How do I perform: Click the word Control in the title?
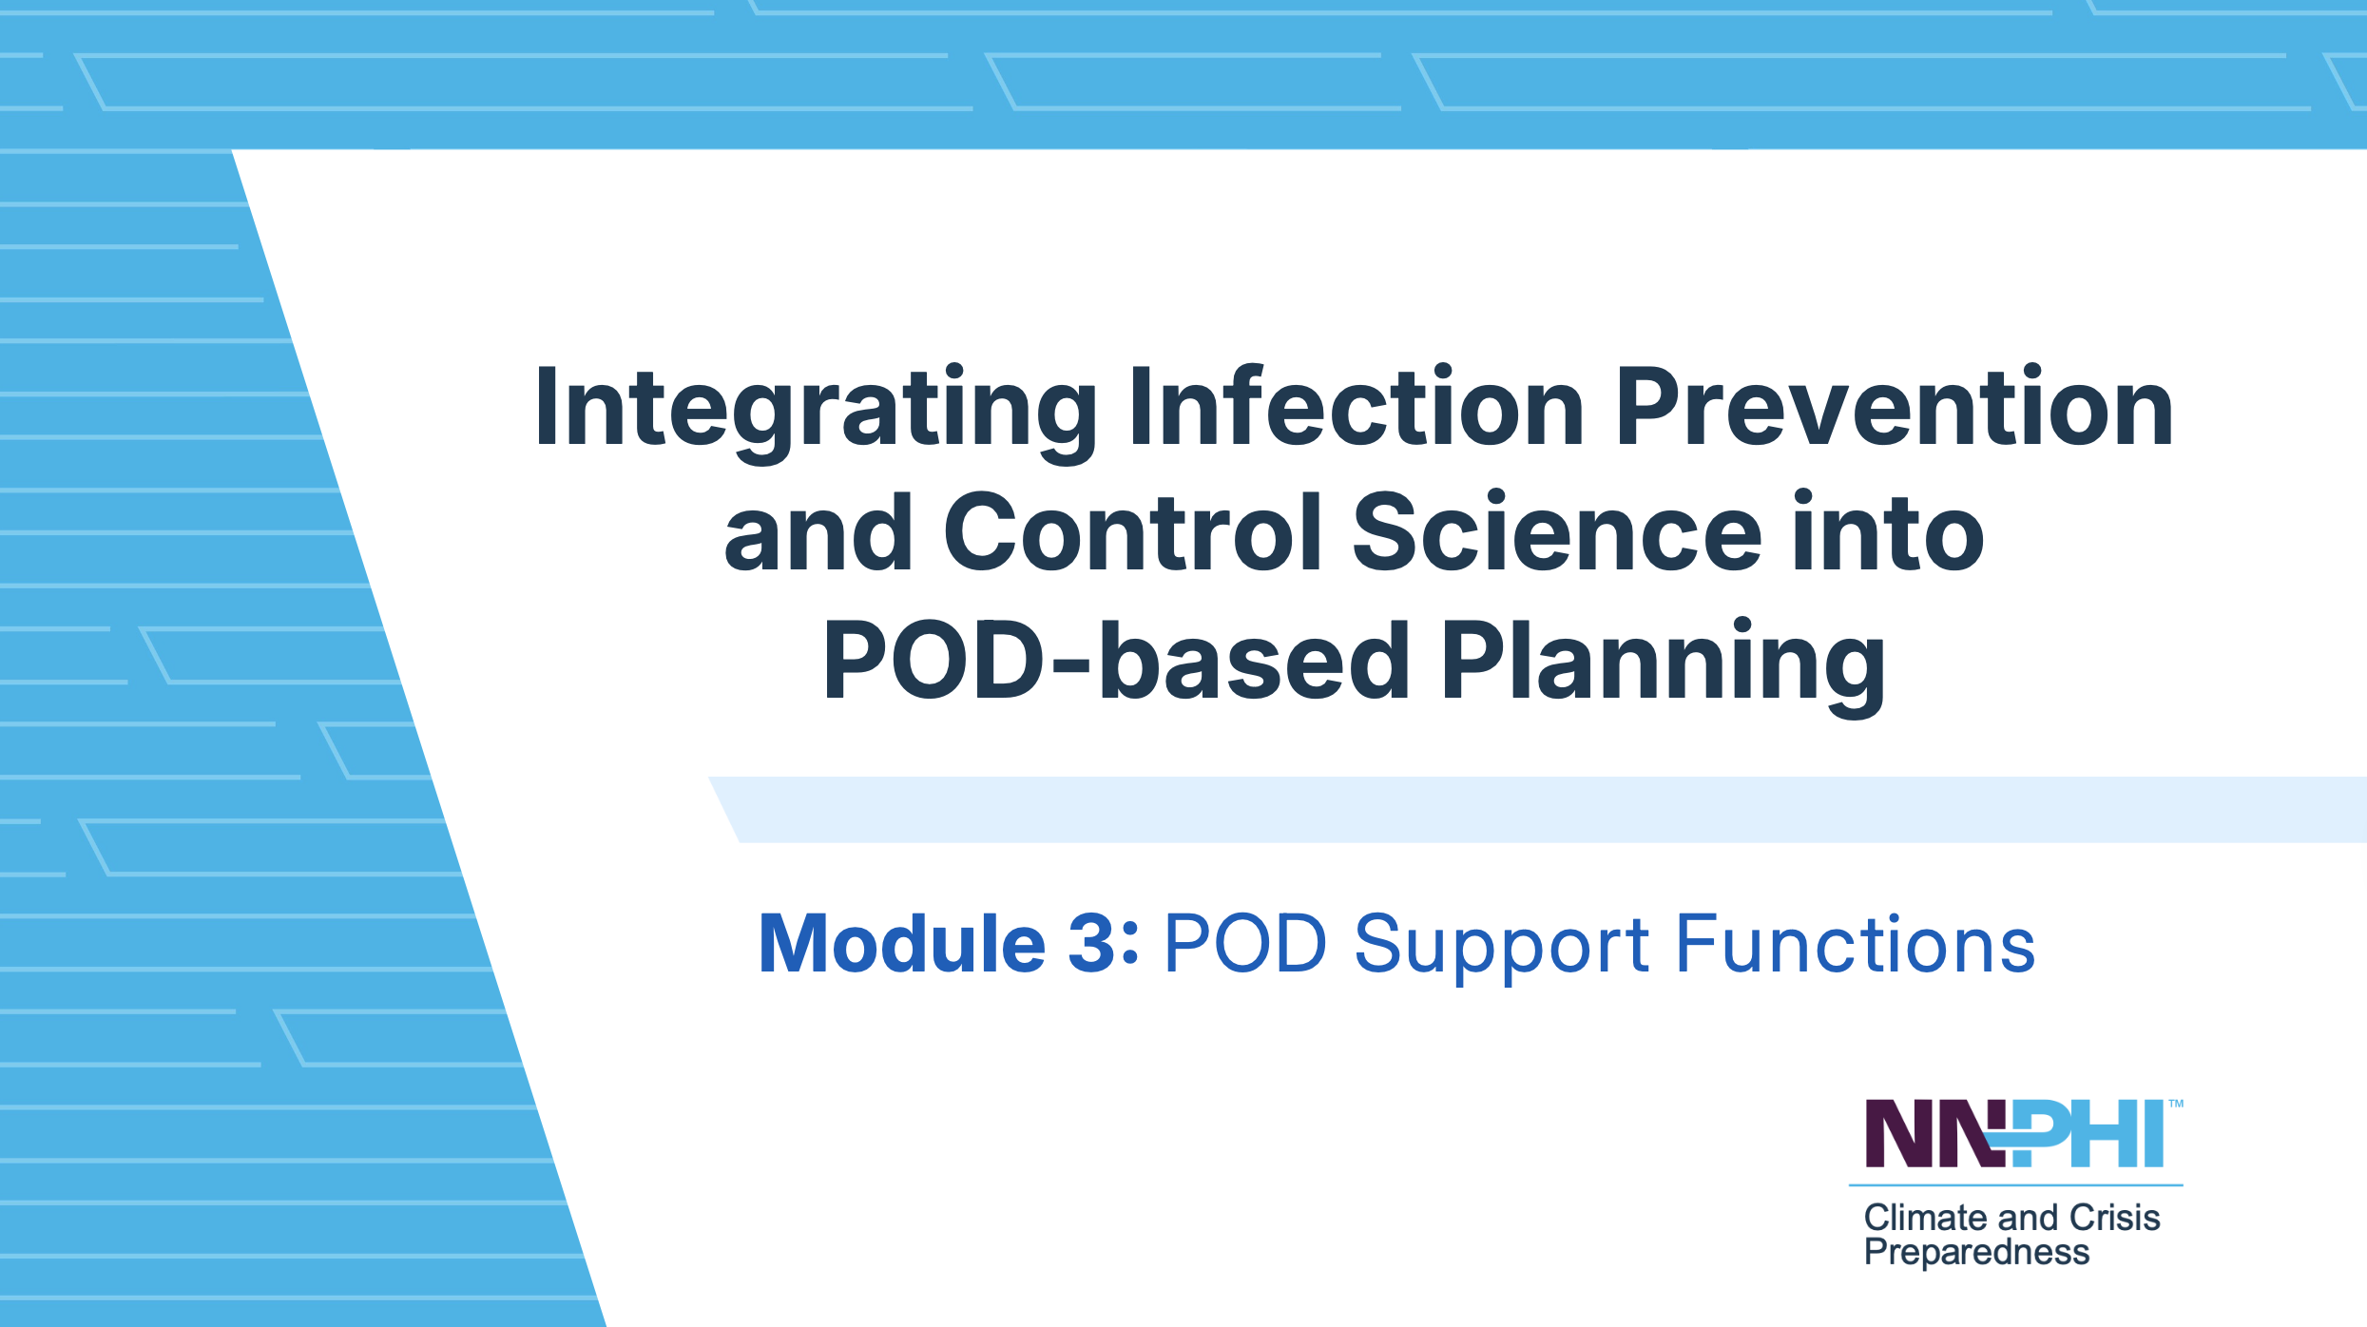1132,531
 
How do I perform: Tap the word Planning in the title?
1663,666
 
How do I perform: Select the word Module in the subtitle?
902,943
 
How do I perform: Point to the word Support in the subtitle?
1502,949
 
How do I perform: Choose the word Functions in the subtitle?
1855,943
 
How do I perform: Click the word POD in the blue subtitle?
1245,943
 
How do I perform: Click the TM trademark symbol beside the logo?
2175,1105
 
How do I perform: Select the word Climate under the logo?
1925,1218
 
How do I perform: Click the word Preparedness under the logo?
1976,1254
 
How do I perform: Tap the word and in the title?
818,531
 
